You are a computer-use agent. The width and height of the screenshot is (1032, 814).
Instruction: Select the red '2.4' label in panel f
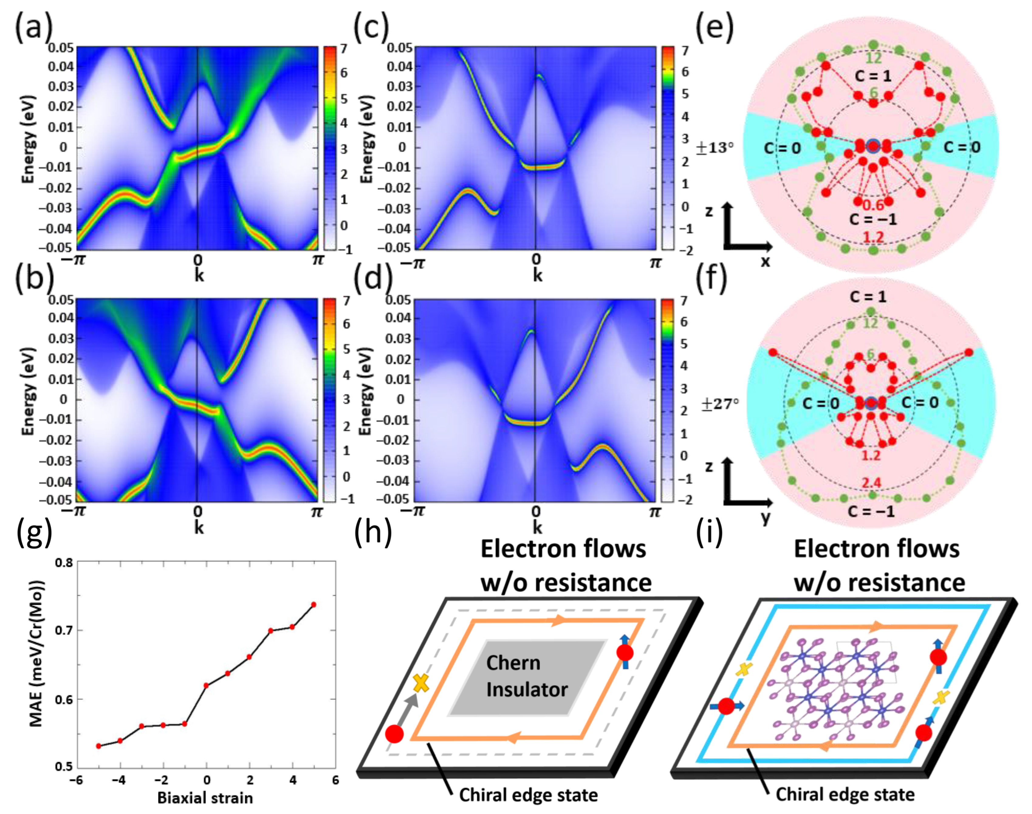(871, 483)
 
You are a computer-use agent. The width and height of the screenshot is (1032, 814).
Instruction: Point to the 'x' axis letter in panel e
(765, 261)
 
